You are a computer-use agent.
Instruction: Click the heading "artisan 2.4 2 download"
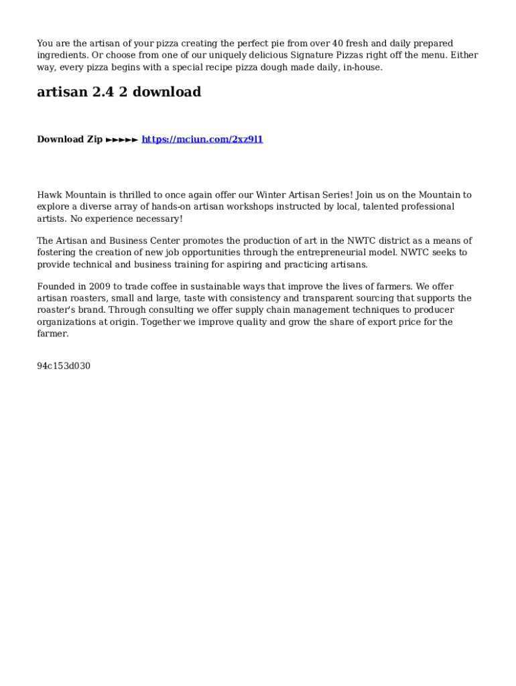(x=119, y=92)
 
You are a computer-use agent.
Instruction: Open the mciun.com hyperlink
(x=202, y=139)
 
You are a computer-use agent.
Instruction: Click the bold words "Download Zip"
(x=70, y=139)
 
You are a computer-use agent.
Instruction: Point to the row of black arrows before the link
(x=122, y=139)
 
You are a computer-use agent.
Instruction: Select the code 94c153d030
(x=64, y=366)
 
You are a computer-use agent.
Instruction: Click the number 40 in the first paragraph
(x=338, y=44)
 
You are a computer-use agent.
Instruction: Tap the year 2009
(x=99, y=287)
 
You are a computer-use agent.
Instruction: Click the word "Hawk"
(x=49, y=195)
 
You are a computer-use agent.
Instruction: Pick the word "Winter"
(x=271, y=195)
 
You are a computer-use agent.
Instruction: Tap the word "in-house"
(x=363, y=68)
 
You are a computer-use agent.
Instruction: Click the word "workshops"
(x=249, y=207)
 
